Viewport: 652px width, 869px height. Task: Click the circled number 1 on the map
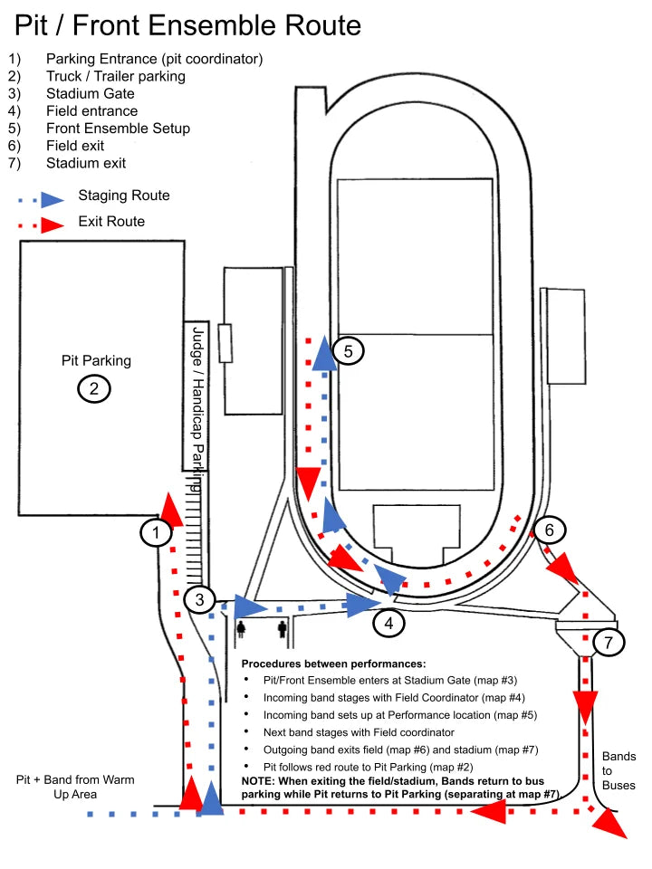click(x=156, y=533)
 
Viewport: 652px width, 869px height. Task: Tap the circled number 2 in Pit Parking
click(x=94, y=389)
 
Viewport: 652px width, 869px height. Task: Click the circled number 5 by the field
click(x=349, y=350)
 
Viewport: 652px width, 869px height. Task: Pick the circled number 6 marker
click(x=550, y=530)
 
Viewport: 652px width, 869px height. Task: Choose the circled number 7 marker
click(x=609, y=644)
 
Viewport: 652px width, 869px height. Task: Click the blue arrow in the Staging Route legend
click(x=53, y=198)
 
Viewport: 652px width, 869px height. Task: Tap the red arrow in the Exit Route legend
click(x=53, y=224)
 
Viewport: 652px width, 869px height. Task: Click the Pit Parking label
click(x=96, y=360)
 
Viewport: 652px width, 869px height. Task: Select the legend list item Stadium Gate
click(x=91, y=93)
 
